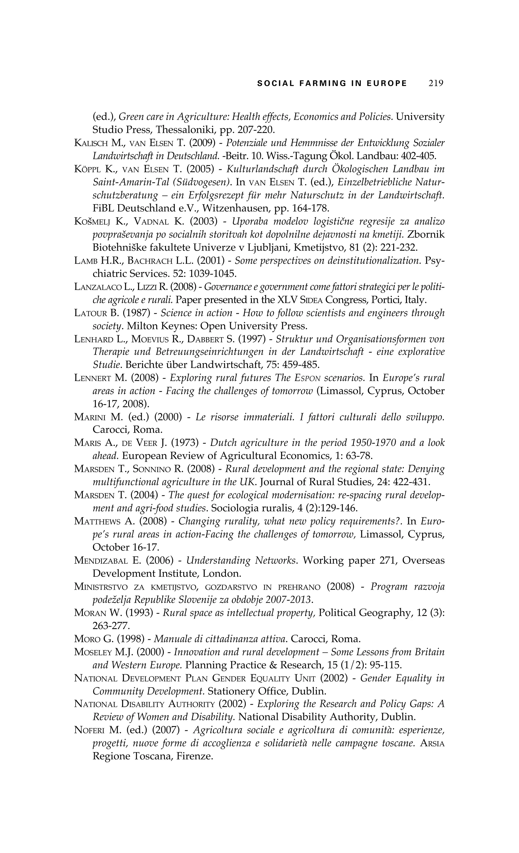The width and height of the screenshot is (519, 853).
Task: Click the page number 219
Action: (436, 83)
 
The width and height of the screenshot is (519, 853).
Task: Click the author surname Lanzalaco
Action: (98, 287)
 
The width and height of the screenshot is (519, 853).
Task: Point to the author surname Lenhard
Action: (94, 339)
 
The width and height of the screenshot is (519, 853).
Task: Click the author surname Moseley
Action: (93, 652)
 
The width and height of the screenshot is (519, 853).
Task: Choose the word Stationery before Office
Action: (231, 692)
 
